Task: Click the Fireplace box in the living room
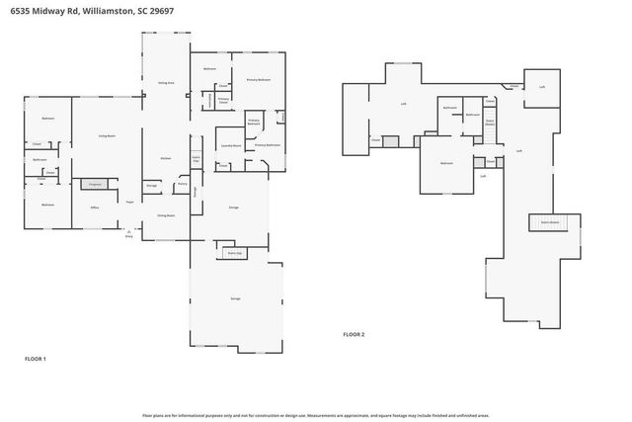(95, 185)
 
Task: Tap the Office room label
(95, 208)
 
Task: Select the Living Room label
(107, 135)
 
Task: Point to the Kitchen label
(166, 159)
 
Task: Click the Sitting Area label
(166, 83)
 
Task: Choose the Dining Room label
(166, 214)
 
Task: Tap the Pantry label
(182, 185)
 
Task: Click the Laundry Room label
(231, 145)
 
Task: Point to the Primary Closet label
(224, 100)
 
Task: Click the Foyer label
(129, 202)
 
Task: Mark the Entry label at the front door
(128, 235)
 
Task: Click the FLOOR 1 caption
(36, 358)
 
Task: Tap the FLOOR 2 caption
(354, 334)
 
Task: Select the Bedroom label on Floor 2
(446, 162)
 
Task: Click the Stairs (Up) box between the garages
(235, 253)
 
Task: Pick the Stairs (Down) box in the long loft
(549, 222)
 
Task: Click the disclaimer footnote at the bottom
(316, 415)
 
